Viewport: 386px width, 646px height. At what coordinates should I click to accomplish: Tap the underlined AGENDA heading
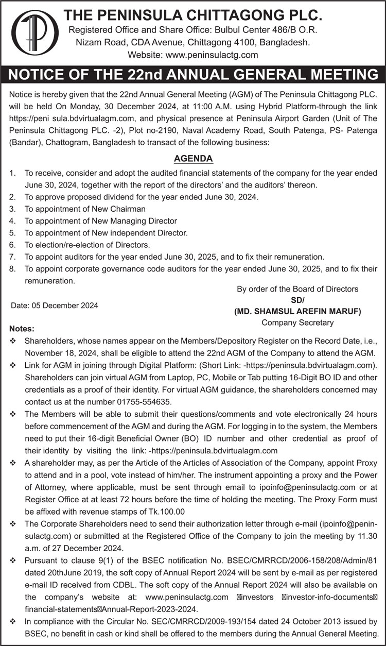click(x=193, y=159)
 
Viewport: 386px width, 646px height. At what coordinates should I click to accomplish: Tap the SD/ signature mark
click(x=297, y=300)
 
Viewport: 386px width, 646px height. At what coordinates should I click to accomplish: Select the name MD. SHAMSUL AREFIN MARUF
click(x=297, y=312)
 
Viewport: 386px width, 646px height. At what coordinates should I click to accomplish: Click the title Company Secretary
click(x=297, y=323)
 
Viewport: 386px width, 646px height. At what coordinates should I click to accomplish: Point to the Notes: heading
click(x=22, y=329)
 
